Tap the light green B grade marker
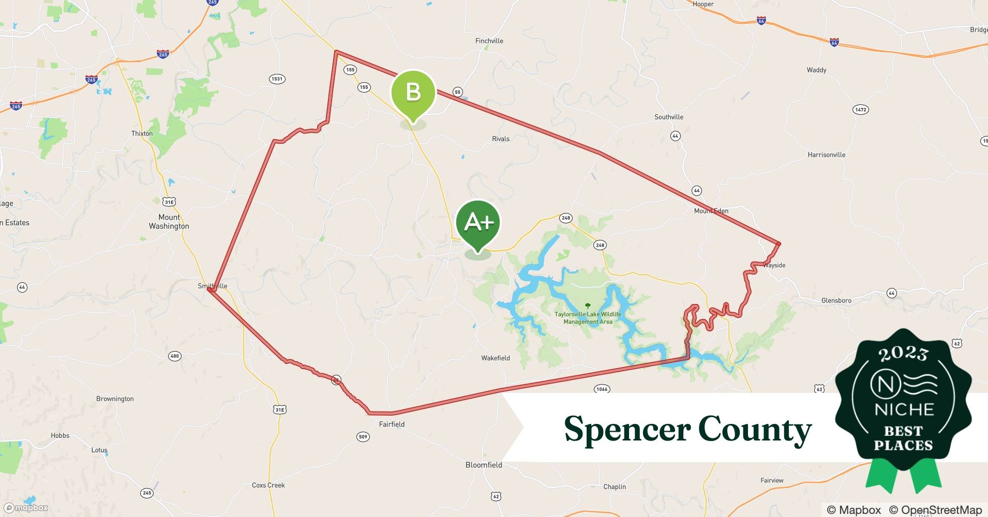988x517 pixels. [x=413, y=93]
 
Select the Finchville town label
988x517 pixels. [x=489, y=41]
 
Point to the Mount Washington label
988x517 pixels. [x=169, y=222]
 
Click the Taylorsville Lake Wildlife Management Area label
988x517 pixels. [x=588, y=318]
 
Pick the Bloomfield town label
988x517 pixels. [x=484, y=465]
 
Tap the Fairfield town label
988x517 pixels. [x=392, y=424]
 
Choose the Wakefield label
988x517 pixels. [x=495, y=358]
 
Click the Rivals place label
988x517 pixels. [x=501, y=139]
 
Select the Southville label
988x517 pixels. [x=668, y=117]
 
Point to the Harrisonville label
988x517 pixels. [x=826, y=155]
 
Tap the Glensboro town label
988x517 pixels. [x=836, y=300]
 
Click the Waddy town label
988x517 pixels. [x=816, y=70]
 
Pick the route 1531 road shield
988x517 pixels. [x=277, y=79]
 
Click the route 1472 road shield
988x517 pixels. [x=860, y=110]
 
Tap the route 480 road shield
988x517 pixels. [x=174, y=356]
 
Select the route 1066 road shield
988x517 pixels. [x=602, y=389]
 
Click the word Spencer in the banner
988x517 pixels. [x=627, y=429]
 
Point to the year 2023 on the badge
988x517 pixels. [x=903, y=354]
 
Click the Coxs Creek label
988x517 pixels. [x=268, y=485]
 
